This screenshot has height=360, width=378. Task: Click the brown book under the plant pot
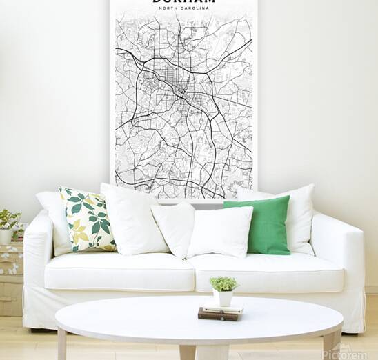pos(220,314)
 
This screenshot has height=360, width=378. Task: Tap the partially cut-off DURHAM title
pos(183,3)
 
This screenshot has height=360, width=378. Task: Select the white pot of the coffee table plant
pos(224,298)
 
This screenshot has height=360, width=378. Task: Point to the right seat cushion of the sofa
pos(266,271)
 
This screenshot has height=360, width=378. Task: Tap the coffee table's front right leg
pos(330,345)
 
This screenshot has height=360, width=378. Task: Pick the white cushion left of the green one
pos(221,231)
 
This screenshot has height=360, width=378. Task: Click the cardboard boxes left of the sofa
pos(10,276)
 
